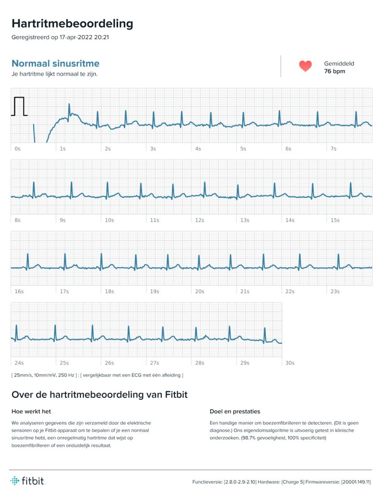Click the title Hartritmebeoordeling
pos(72,24)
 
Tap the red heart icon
pos(305,65)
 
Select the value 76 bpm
pos(334,71)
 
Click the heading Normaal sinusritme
pos(55,63)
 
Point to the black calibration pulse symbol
pos(19,106)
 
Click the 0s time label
pos(18,149)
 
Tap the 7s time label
pos(333,149)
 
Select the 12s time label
pos(199,220)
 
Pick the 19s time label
pos(155,291)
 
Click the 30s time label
pos(290,363)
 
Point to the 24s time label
pos(19,363)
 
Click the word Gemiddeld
pos(339,64)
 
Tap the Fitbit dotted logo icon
pos(15,480)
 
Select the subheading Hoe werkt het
pos(31,411)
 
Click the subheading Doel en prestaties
pos(235,411)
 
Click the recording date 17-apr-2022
pos(76,37)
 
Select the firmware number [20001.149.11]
pos(356,481)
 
